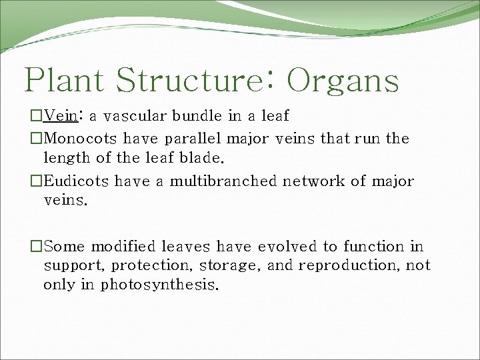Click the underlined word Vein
(x=61, y=116)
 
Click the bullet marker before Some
(x=37, y=247)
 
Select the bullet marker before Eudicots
(x=37, y=181)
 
